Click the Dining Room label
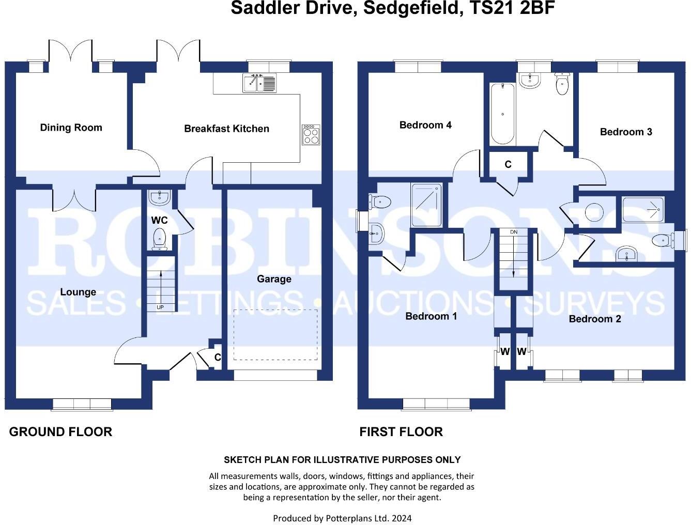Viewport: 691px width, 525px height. click(x=71, y=128)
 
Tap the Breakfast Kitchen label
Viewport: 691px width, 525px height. click(x=226, y=129)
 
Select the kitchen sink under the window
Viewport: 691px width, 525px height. click(x=259, y=83)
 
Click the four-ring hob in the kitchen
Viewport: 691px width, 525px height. click(x=311, y=135)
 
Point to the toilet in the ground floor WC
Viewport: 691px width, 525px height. click(x=160, y=238)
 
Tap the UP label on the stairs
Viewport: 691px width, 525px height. click(x=160, y=307)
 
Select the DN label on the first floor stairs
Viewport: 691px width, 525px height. click(x=513, y=232)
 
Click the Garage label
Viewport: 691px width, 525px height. click(x=274, y=279)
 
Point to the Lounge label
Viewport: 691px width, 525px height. click(x=78, y=292)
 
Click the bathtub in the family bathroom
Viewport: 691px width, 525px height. click(x=502, y=114)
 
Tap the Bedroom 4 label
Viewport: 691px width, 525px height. click(x=425, y=125)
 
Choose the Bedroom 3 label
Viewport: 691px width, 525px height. click(x=625, y=132)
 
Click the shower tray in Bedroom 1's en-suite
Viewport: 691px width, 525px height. click(x=426, y=205)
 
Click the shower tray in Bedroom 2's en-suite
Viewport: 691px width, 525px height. click(x=643, y=209)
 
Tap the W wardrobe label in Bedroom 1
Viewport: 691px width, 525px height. click(x=505, y=352)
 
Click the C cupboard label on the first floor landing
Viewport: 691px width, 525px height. click(x=508, y=164)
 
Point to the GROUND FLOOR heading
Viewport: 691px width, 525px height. click(x=60, y=432)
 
